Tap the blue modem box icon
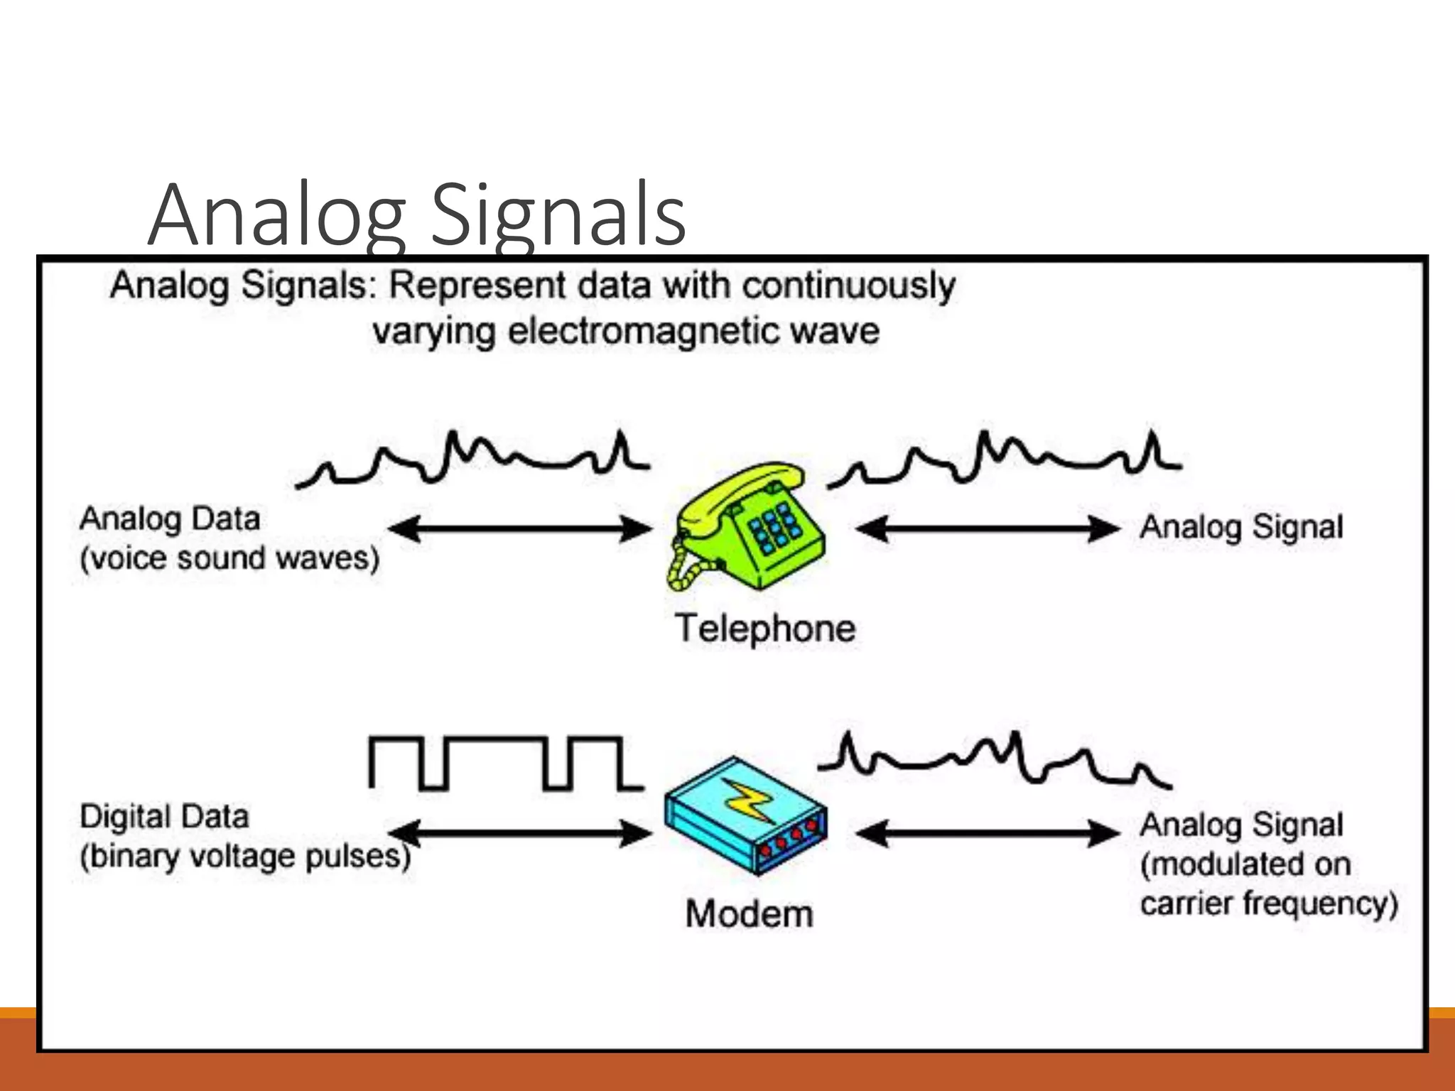tap(746, 817)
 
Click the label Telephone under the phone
tap(765, 629)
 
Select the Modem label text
tap(749, 913)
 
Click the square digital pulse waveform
tap(504, 764)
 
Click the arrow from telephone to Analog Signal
tap(988, 529)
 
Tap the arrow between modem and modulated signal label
tap(988, 833)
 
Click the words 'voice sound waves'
tap(229, 558)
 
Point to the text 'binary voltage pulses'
tap(245, 857)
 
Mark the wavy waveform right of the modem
tap(995, 760)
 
